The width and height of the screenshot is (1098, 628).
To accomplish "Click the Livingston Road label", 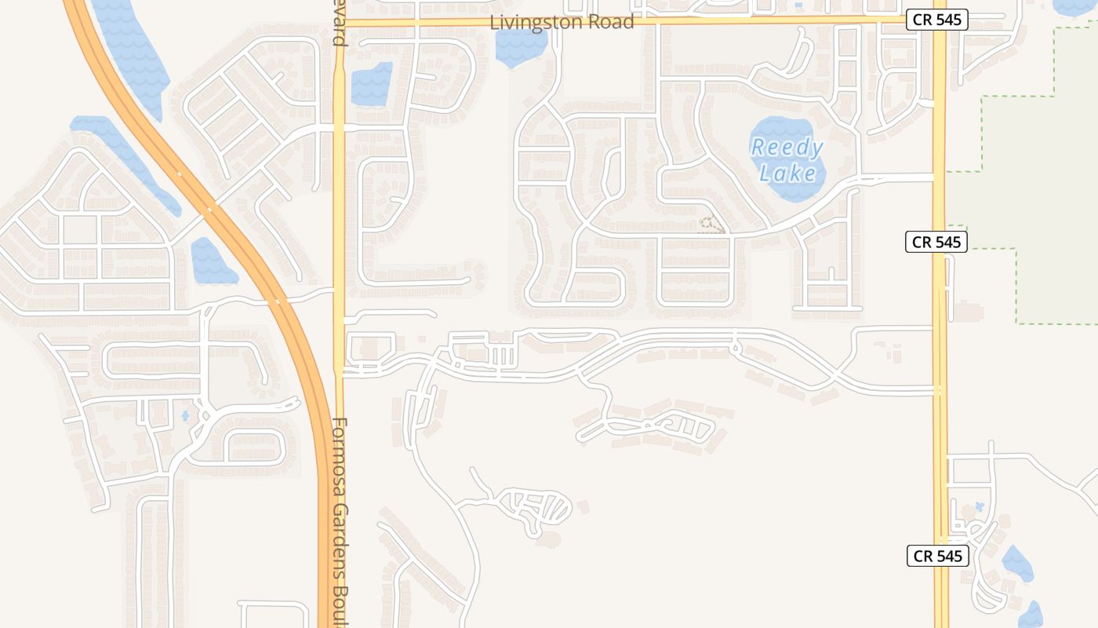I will (562, 22).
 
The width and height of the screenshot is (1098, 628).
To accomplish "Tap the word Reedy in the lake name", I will (787, 148).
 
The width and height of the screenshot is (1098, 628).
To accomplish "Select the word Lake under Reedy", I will (788, 173).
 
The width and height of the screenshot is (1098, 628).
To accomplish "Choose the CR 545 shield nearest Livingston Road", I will (936, 20).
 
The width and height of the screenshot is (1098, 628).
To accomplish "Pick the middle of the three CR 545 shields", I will (936, 242).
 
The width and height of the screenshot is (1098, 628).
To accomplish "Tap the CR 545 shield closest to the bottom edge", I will (937, 556).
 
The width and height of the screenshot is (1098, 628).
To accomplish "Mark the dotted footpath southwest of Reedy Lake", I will (711, 225).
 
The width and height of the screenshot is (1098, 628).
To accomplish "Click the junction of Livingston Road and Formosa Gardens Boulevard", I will (340, 23).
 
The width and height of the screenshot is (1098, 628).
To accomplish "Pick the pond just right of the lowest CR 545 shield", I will (1017, 563).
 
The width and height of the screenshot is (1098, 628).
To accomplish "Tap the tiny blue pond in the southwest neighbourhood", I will (186, 416).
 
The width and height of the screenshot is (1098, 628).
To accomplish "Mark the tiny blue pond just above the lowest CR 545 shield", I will (979, 507).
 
